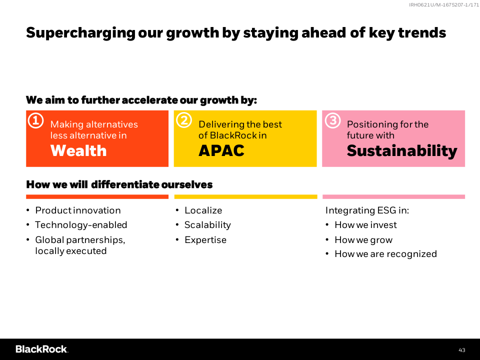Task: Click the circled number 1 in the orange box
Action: click(x=36, y=120)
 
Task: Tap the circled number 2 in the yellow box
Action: click(x=184, y=120)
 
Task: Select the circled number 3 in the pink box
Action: click(x=333, y=120)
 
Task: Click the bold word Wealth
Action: click(x=78, y=150)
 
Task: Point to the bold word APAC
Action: click(x=221, y=150)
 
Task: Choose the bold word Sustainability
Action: click(x=402, y=151)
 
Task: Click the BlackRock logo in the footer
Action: click(x=42, y=349)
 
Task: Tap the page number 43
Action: click(x=462, y=350)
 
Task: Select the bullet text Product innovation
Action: click(x=78, y=210)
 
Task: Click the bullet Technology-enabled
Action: click(x=81, y=225)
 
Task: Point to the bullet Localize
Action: click(x=203, y=210)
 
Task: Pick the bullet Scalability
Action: click(x=207, y=225)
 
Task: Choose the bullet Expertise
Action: click(x=205, y=240)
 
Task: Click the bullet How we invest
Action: click(x=365, y=225)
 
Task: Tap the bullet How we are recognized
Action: click(x=385, y=254)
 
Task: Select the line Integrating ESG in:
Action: click(x=367, y=210)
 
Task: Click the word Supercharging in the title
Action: click(x=80, y=33)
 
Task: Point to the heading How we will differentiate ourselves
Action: click(x=119, y=184)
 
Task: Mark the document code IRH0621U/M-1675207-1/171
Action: click(x=444, y=4)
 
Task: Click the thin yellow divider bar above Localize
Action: click(x=245, y=197)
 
